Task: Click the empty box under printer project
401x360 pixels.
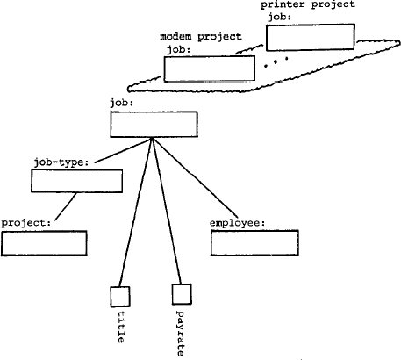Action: tap(310, 37)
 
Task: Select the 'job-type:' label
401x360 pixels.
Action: tap(63, 162)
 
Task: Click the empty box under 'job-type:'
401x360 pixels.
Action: tap(76, 182)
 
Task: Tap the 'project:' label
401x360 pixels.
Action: tap(27, 223)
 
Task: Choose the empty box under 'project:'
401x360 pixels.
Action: tap(44, 243)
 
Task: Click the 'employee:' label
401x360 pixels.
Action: tap(238, 223)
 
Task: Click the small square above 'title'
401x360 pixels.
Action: tap(120, 295)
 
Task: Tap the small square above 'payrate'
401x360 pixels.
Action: tap(180, 295)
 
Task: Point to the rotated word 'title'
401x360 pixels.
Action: tap(120, 328)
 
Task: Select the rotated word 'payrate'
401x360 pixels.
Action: tap(180, 332)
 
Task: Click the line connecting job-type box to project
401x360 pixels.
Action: tap(65, 208)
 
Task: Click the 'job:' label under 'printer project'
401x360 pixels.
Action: tap(278, 18)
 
